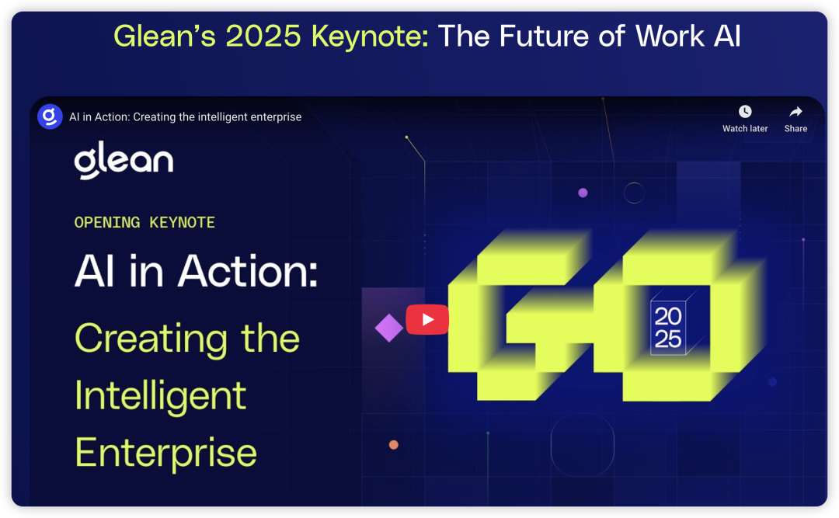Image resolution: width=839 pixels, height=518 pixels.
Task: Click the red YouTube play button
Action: point(427,319)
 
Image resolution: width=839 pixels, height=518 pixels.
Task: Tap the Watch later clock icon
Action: point(745,111)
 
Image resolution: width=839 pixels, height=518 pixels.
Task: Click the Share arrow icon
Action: point(795,111)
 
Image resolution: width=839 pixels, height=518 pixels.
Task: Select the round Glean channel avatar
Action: point(50,116)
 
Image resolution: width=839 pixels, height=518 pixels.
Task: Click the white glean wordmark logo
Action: point(124,160)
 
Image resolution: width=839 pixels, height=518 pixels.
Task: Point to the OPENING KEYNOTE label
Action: point(144,222)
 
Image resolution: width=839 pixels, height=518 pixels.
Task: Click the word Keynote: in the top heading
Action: point(371,36)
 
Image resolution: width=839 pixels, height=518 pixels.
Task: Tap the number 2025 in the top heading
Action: point(263,36)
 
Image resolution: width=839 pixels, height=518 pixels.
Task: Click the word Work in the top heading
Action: point(670,36)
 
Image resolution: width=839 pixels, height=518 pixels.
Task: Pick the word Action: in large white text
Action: point(248,271)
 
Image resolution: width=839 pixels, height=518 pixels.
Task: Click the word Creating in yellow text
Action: point(151,339)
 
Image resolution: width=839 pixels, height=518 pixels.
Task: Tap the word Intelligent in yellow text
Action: point(160,397)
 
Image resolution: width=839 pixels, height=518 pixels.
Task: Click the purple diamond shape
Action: point(389,328)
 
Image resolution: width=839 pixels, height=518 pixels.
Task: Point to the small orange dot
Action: point(393,445)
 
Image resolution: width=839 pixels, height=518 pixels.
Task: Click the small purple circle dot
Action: point(583,193)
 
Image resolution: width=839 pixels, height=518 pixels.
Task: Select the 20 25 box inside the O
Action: point(668,328)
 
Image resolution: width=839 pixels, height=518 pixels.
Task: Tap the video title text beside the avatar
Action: point(185,116)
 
